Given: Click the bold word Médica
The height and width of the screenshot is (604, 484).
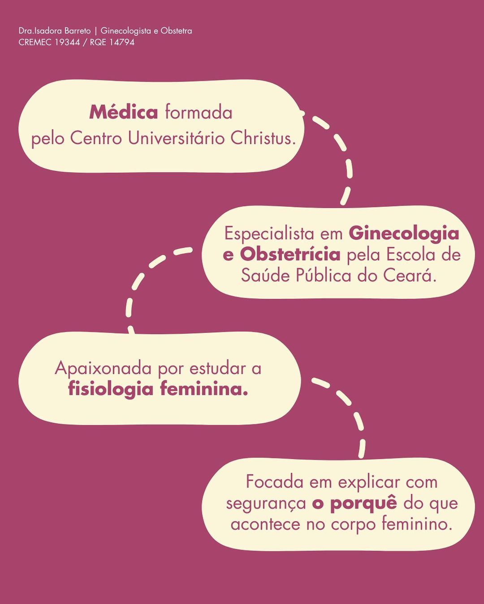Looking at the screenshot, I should pyautogui.click(x=123, y=112).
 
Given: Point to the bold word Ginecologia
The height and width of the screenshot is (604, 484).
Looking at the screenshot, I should pyautogui.click(x=404, y=234).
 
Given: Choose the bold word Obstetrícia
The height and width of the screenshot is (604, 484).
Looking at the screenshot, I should pyautogui.click(x=290, y=254).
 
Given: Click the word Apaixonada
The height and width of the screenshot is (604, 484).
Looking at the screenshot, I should pyautogui.click(x=104, y=369).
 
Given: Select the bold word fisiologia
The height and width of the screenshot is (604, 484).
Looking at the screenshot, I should pyautogui.click(x=111, y=389).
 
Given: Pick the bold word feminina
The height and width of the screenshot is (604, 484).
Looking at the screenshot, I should pyautogui.click(x=204, y=389).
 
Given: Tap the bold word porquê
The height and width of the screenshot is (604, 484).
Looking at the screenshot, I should pyautogui.click(x=363, y=503).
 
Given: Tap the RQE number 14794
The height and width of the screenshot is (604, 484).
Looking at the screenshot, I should pyautogui.click(x=122, y=43).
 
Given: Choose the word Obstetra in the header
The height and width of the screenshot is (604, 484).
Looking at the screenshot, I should pyautogui.click(x=176, y=31).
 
